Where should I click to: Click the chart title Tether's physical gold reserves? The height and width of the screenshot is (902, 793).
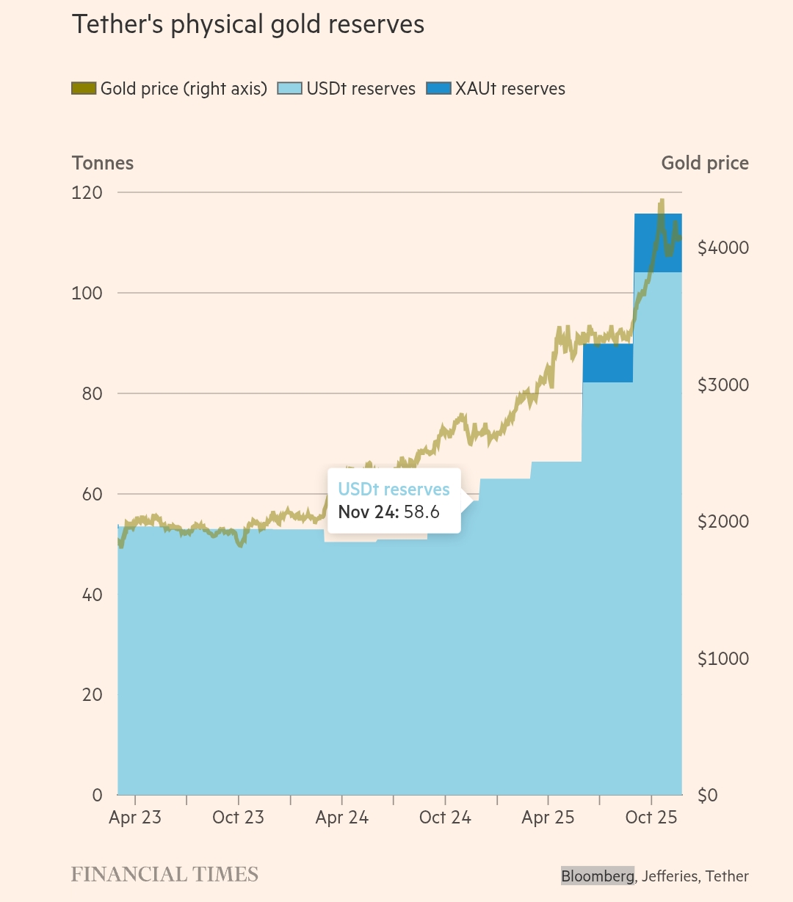tap(248, 25)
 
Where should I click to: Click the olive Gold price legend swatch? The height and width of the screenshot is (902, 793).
tap(84, 89)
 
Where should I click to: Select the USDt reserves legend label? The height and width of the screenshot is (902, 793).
tap(361, 89)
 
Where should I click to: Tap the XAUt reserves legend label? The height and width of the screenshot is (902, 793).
tap(510, 89)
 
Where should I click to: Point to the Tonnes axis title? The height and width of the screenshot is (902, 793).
tap(103, 163)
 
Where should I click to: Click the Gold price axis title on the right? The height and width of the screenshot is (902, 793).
tap(705, 163)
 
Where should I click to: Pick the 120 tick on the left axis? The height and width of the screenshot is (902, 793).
tap(87, 193)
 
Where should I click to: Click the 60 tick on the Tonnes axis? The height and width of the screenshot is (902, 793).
tap(93, 494)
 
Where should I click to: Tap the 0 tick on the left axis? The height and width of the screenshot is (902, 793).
tap(97, 795)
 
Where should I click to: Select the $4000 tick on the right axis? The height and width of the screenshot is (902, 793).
tap(723, 248)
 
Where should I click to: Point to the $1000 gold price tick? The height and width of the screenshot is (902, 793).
tap(723, 658)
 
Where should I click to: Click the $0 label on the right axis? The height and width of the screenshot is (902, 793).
tap(707, 795)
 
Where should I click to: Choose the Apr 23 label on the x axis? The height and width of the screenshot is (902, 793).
tap(135, 818)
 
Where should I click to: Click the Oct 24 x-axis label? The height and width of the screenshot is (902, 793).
tap(445, 818)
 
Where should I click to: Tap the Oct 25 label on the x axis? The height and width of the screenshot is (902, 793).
tap(651, 818)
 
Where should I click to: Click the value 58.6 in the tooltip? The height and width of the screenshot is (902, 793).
tap(421, 512)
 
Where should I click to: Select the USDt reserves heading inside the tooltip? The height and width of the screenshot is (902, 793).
tap(394, 490)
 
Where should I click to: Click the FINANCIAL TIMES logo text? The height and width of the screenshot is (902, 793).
tap(164, 875)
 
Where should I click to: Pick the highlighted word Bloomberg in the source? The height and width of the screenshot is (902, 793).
tap(597, 876)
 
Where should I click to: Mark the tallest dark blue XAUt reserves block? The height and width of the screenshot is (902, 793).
tap(658, 243)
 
